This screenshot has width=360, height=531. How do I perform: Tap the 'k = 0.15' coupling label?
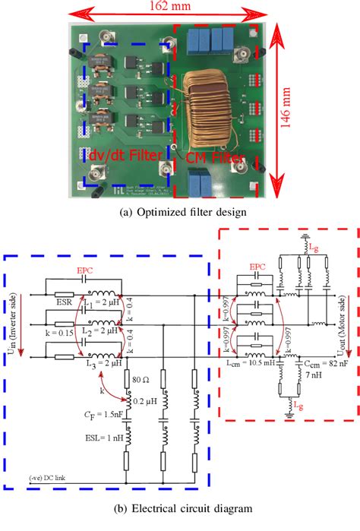click(35, 333)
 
